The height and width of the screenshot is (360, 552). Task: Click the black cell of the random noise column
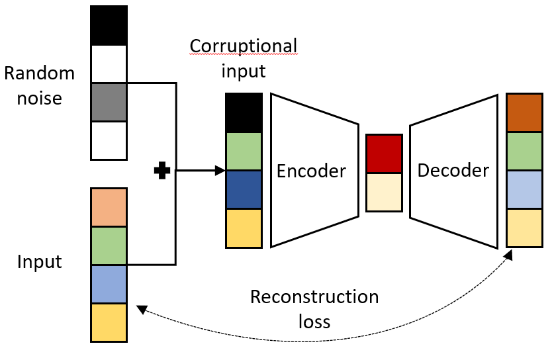108,26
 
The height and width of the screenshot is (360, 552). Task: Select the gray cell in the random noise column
108,102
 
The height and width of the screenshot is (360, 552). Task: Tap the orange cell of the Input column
108,208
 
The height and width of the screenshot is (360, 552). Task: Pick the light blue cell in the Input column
108,284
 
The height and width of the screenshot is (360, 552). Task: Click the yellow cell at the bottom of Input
108,322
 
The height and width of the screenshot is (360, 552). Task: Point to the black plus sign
161,171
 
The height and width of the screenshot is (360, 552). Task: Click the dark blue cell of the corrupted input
244,190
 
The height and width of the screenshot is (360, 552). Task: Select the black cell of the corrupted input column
244,112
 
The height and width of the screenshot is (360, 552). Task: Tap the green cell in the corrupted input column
244,152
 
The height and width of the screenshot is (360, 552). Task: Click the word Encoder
311,171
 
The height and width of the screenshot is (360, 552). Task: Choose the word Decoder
453,170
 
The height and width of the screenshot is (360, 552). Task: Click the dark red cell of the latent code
384,154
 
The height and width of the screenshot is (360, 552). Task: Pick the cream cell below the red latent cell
384,192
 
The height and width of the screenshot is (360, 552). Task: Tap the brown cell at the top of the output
525,112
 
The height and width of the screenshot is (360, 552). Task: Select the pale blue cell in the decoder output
525,189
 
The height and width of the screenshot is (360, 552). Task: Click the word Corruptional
244,46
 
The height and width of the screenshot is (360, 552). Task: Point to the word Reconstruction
314,296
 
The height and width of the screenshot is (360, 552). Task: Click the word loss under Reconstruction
314,322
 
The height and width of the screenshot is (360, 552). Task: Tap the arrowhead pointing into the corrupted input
221,171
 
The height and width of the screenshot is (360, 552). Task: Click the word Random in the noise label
40,73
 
